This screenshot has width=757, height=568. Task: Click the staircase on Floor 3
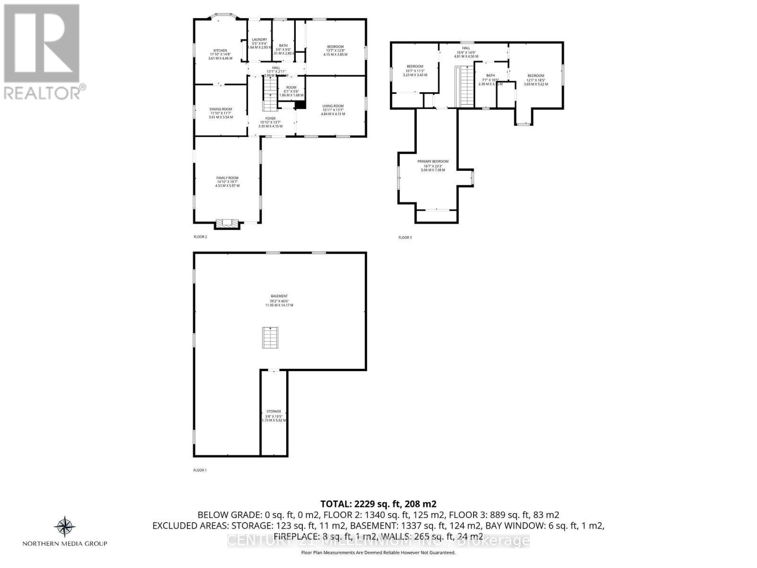465,87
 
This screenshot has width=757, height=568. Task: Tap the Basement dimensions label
279,301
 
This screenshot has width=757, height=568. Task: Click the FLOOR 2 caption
200,237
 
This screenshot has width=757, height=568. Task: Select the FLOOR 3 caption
405,238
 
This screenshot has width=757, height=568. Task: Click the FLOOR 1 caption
200,470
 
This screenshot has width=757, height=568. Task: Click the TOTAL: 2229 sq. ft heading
378,504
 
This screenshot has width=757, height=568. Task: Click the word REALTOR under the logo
42,92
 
